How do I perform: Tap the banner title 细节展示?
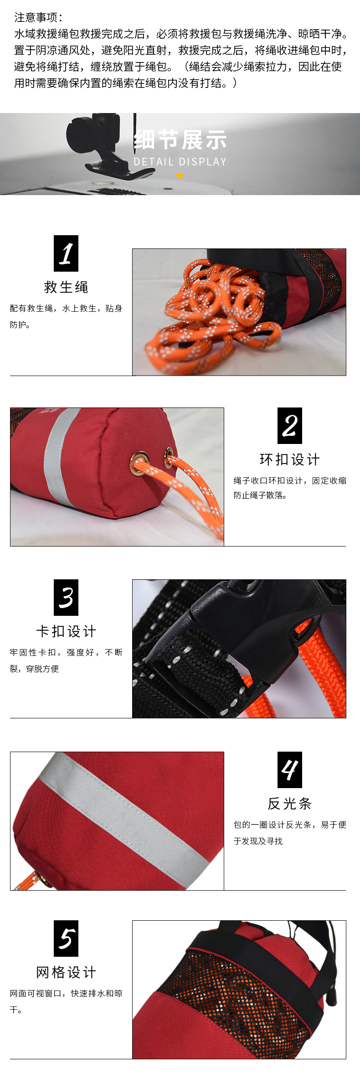(x=180, y=140)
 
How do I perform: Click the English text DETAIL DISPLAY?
(x=180, y=162)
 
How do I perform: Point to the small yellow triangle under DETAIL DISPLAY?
(x=180, y=176)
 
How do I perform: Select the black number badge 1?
(x=66, y=253)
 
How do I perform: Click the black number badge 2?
(x=290, y=426)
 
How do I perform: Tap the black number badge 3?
(x=66, y=598)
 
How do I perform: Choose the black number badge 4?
(x=290, y=770)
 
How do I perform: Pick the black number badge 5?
(x=66, y=939)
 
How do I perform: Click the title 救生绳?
(x=66, y=287)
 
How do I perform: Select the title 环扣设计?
(x=290, y=459)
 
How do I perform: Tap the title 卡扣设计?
(x=66, y=631)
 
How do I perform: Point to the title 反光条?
(x=290, y=804)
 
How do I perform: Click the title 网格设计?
(x=66, y=972)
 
